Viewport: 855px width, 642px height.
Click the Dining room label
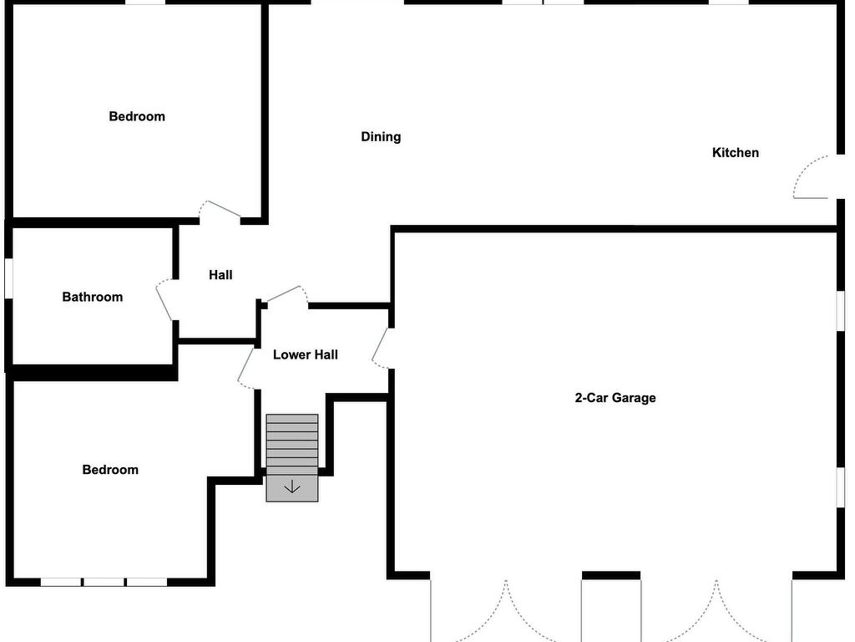[x=381, y=136]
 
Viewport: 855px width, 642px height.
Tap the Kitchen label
[x=735, y=152]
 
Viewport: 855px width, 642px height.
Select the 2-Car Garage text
[x=615, y=397]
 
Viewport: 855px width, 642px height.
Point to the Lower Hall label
[x=306, y=354]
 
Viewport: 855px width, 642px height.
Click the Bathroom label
[x=92, y=297]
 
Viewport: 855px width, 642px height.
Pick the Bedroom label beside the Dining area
[x=137, y=116]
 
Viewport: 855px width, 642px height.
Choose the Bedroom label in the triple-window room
[x=110, y=470]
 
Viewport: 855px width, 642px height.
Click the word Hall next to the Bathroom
[x=220, y=274]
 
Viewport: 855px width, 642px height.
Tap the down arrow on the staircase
[x=292, y=487]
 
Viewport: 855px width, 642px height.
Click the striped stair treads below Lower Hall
[x=292, y=445]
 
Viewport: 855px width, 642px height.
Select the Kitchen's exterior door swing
[x=811, y=177]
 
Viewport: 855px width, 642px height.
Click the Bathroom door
[x=164, y=300]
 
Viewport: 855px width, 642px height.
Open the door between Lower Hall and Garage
[x=381, y=348]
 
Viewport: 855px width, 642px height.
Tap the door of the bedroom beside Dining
[x=220, y=210]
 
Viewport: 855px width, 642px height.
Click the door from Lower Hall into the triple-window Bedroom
[x=246, y=367]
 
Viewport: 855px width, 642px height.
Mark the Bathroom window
[x=8, y=278]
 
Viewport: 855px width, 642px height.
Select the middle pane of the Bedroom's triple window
[x=104, y=583]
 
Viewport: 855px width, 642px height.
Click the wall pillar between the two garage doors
[x=611, y=575]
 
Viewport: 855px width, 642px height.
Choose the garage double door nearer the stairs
[x=506, y=610]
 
